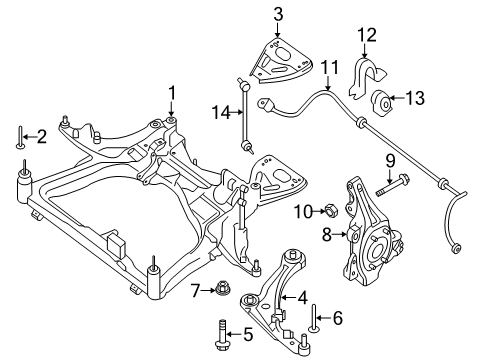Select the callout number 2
[x=41, y=137]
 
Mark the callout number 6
[x=338, y=318]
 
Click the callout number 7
[x=197, y=290]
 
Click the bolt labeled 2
[x=18, y=138]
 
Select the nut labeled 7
[x=219, y=290]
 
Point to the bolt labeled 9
[x=391, y=185]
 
